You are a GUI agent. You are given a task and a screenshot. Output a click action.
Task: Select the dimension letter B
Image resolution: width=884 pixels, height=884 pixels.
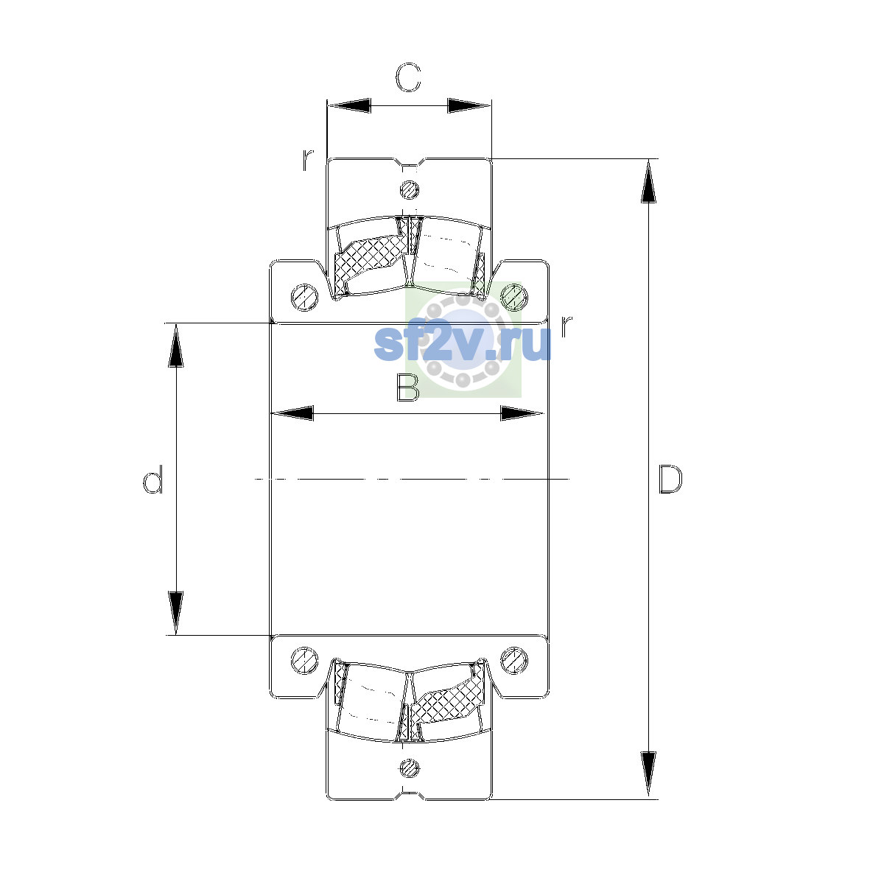[x=408, y=387]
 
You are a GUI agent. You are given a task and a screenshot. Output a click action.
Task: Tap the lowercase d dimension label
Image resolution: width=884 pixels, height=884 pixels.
[x=152, y=479]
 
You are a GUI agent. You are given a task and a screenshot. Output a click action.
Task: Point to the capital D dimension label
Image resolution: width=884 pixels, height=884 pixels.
[x=670, y=480]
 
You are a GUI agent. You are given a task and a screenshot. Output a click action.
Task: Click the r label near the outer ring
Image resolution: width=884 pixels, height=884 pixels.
[x=307, y=160]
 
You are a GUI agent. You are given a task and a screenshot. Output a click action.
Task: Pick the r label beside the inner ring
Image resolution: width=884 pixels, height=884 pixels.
[x=566, y=326]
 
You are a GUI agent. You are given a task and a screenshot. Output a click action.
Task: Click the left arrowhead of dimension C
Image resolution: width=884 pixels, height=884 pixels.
[x=348, y=105]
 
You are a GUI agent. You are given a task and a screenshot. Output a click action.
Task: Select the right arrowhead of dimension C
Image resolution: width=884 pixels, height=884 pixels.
[x=469, y=105]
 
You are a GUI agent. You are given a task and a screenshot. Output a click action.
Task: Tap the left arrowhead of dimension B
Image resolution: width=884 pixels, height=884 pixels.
[x=292, y=413]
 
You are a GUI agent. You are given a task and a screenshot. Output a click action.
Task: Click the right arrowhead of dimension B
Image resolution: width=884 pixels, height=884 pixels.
[x=522, y=413]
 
